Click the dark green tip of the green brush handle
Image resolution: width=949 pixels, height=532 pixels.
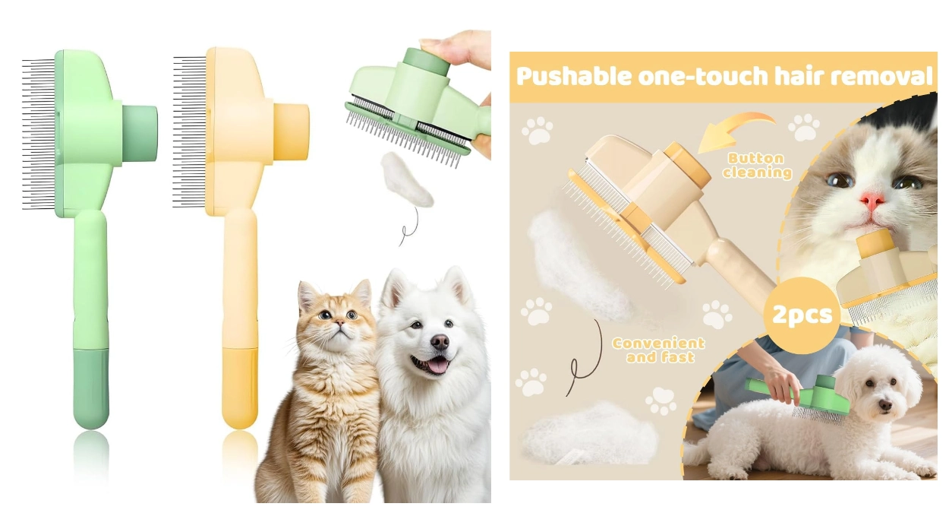point(91,388)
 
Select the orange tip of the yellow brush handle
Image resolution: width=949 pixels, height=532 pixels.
point(240,388)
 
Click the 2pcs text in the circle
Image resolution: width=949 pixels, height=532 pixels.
point(802,315)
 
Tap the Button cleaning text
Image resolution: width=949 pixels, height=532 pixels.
point(757,166)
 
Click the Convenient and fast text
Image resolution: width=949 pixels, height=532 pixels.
point(657,350)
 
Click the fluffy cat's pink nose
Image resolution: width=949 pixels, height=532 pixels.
point(872,201)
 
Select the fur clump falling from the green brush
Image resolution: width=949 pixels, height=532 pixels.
point(406,179)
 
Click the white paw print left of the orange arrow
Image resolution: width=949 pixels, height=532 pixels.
point(538,130)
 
